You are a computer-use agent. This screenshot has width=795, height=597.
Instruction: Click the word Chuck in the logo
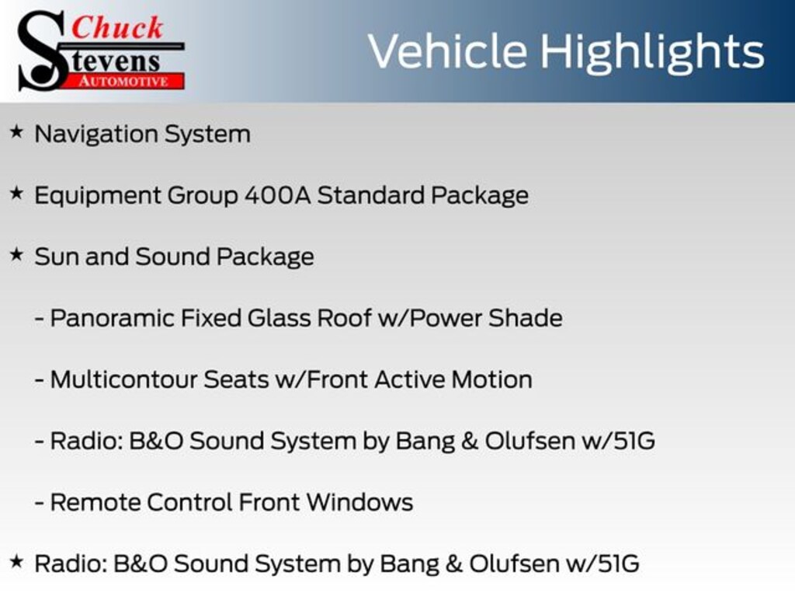click(x=117, y=27)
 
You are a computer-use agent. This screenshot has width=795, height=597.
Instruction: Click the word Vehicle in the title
click(x=448, y=51)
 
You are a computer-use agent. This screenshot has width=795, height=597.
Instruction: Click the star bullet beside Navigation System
click(x=17, y=132)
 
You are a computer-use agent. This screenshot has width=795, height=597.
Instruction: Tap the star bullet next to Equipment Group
click(x=17, y=193)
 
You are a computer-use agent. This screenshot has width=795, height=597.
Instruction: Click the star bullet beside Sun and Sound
click(x=17, y=254)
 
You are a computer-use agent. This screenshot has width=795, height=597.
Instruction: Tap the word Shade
click(x=526, y=318)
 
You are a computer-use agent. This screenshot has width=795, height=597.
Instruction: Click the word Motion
click(x=491, y=379)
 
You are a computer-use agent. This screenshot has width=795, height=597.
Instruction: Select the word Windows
click(x=359, y=503)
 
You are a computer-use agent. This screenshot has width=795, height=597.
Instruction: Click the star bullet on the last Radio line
click(x=17, y=561)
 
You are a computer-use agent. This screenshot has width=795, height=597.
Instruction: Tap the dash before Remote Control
click(x=39, y=503)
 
